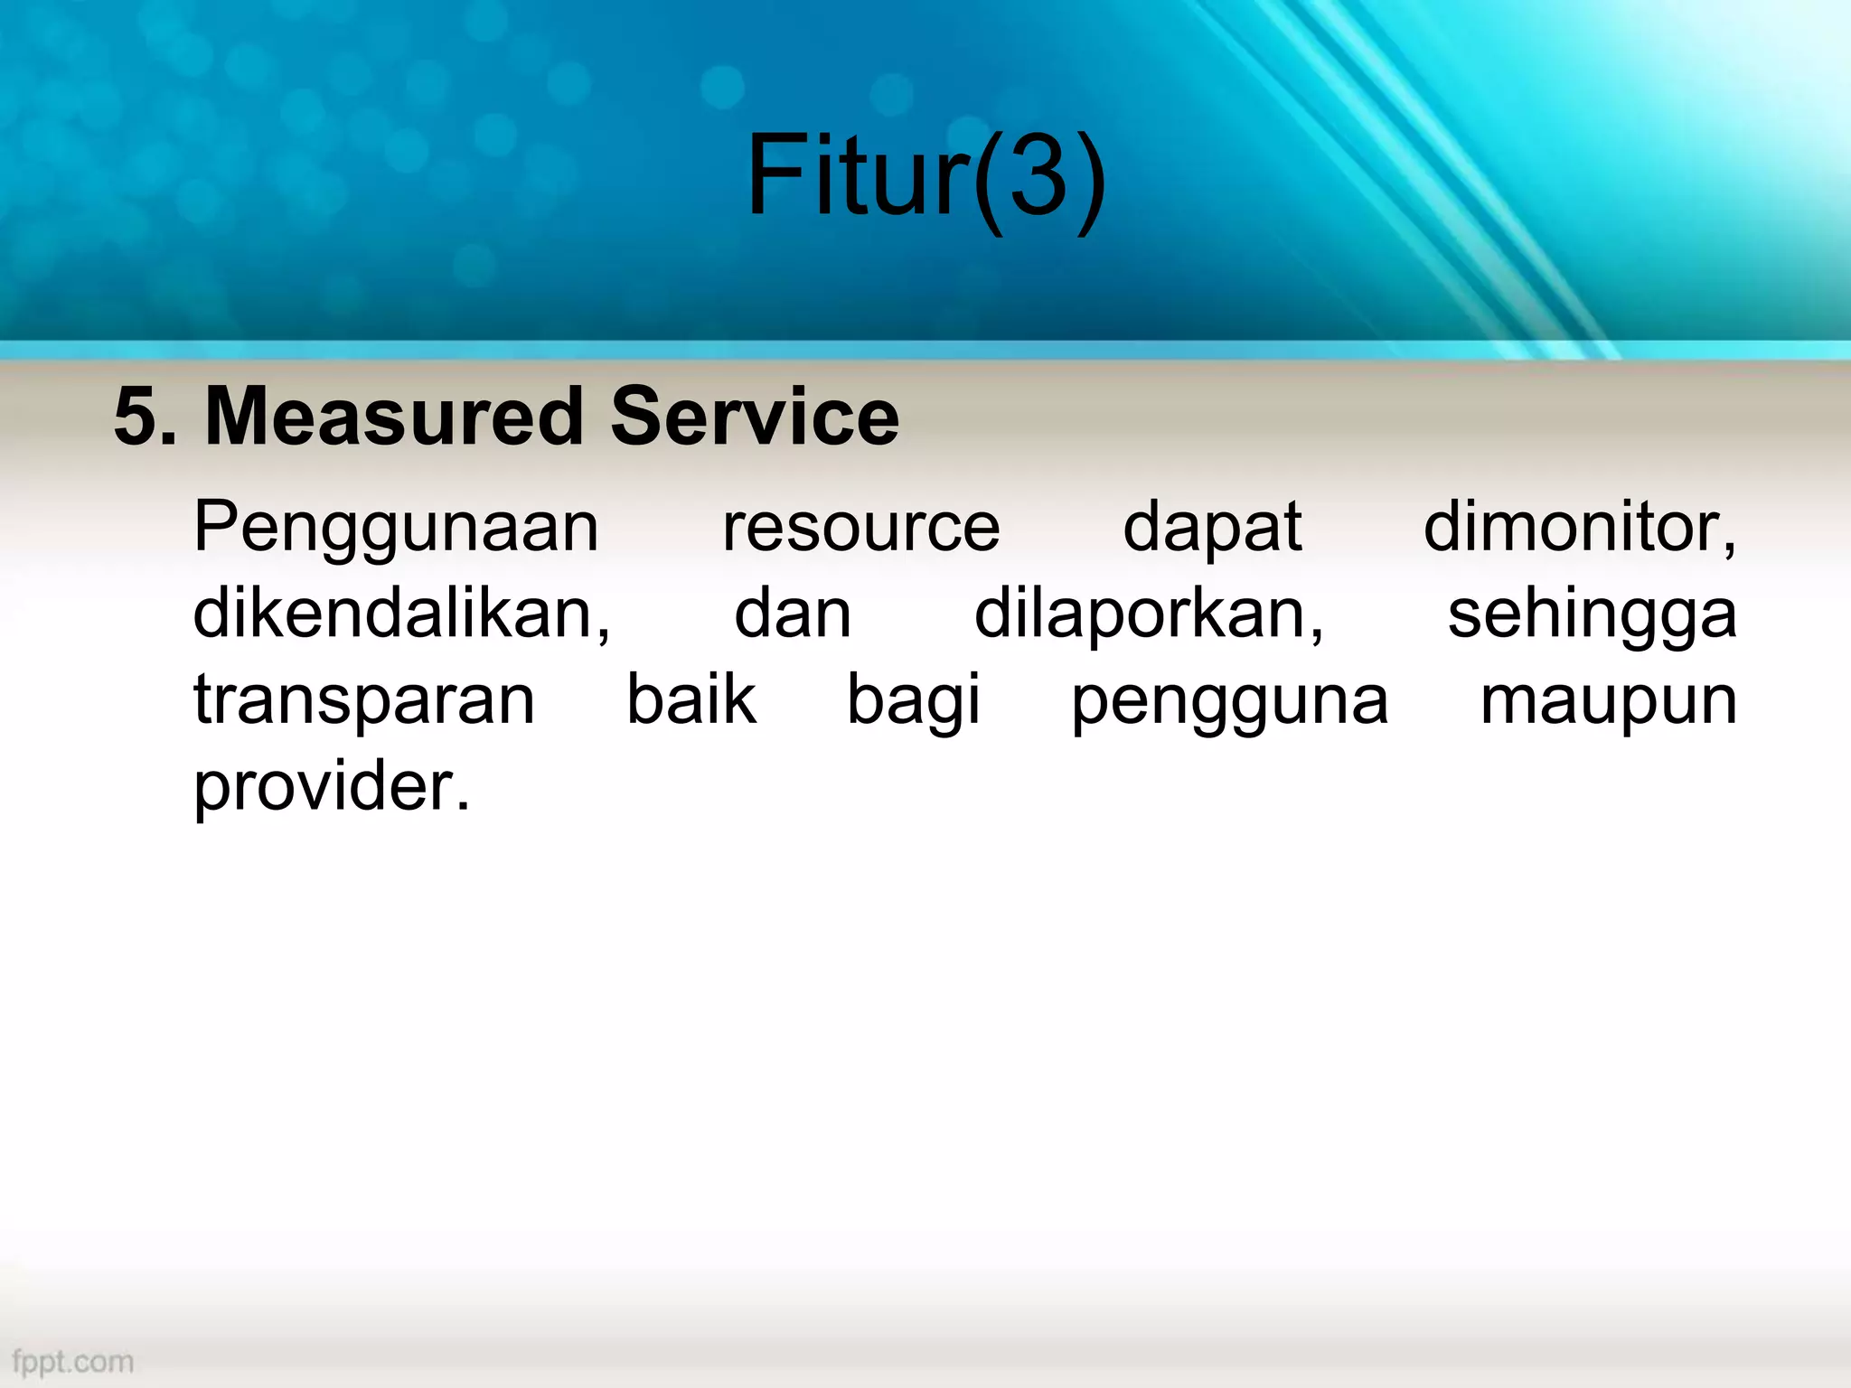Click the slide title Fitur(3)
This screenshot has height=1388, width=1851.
click(925, 176)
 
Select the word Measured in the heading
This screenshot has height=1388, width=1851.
click(394, 417)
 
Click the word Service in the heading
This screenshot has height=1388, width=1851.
click(755, 417)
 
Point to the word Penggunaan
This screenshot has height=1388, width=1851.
click(396, 530)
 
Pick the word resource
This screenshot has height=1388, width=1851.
click(860, 528)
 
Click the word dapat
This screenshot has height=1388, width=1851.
click(1211, 528)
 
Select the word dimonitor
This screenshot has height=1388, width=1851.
click(1578, 528)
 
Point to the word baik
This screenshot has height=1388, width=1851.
click(691, 699)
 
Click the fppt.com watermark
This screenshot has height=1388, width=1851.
click(73, 1361)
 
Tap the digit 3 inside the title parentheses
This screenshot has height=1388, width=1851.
click(1038, 176)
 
